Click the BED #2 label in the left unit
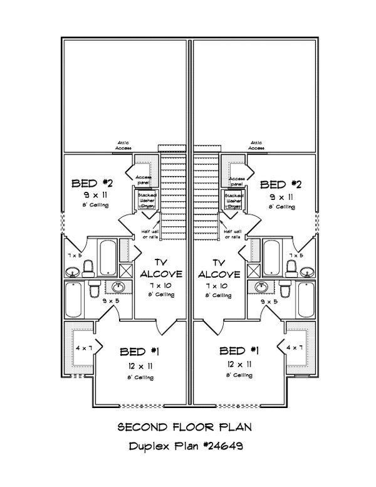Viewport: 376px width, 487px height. click(x=91, y=184)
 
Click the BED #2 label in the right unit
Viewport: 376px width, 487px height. click(x=281, y=184)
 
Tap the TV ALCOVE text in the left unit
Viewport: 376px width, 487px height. click(x=161, y=269)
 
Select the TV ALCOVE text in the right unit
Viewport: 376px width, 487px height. click(x=219, y=269)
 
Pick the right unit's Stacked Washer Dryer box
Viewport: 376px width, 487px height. click(x=234, y=200)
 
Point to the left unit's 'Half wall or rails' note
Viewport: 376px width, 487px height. click(x=150, y=234)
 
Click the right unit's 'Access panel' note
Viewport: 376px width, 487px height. click(x=237, y=181)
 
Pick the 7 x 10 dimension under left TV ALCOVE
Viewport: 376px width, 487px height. click(x=160, y=285)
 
